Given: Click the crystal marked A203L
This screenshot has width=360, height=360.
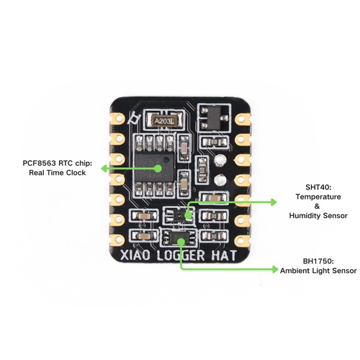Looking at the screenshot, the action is pos(164,122).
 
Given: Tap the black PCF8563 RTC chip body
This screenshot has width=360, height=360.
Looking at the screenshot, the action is pos(154,167).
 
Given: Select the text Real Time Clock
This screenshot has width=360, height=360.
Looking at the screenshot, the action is pos(58,173).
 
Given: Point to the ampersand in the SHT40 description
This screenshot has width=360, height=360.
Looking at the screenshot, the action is pos(318,206).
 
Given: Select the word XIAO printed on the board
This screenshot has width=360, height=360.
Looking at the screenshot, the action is pos(135,255).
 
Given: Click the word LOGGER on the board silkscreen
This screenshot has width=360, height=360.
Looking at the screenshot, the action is pos(181,256).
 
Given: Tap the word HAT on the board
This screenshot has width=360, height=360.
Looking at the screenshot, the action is pos(224,255).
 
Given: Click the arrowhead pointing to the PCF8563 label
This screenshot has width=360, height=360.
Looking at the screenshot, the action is pos(104,168).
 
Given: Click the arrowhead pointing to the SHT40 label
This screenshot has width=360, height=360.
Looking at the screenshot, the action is pos(274,202).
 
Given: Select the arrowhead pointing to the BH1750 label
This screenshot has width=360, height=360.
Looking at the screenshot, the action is pos(274,269).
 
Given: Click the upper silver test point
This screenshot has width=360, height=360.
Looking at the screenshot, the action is pos(220,160).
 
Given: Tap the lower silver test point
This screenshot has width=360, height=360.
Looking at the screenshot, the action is pos(220,179).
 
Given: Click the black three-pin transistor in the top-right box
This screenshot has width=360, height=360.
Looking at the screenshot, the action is pos(214,117).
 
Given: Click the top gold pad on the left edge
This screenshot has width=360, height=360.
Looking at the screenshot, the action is pos(118,119).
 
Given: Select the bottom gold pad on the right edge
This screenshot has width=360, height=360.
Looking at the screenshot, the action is pos(243,240).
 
